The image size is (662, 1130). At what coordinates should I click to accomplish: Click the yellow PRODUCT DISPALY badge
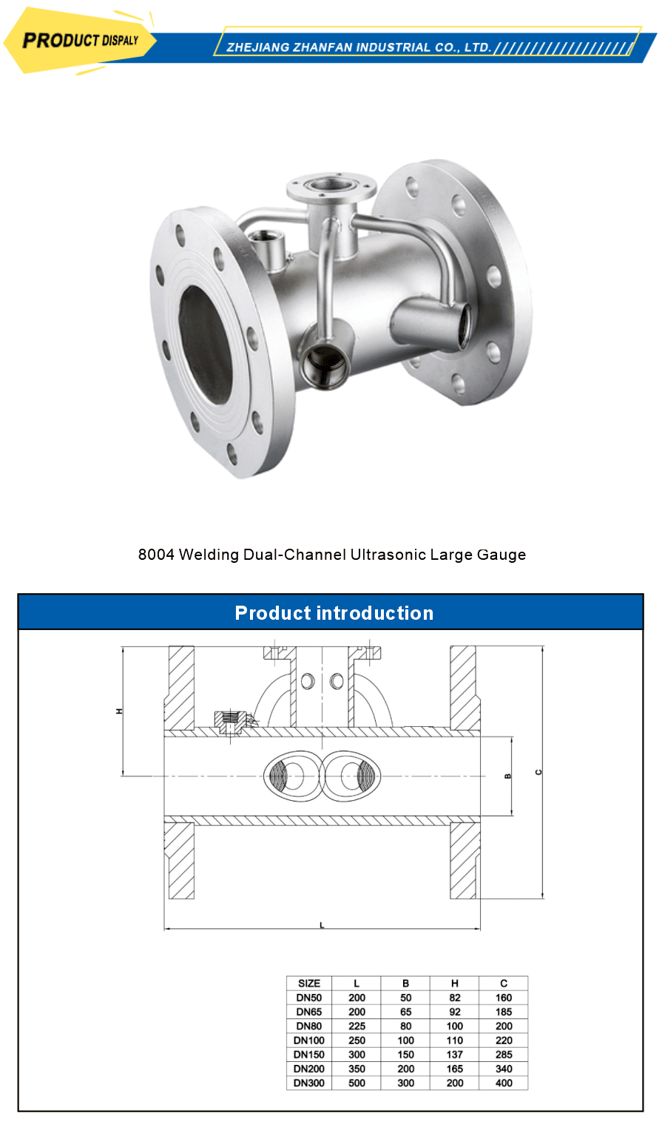click(80, 41)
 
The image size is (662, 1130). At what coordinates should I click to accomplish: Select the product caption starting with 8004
click(332, 555)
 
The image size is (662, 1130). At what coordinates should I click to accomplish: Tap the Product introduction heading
click(334, 613)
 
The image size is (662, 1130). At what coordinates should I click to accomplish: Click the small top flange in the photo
click(331, 185)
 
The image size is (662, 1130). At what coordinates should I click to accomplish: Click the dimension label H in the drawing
click(118, 711)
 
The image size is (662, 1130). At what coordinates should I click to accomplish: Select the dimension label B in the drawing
click(507, 776)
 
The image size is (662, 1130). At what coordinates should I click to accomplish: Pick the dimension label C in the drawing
click(538, 772)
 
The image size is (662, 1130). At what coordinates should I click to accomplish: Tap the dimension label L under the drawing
click(322, 925)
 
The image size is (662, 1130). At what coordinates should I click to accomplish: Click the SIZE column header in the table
click(309, 984)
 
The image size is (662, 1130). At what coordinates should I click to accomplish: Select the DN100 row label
click(309, 1041)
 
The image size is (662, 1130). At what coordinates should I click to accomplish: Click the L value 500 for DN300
click(357, 1083)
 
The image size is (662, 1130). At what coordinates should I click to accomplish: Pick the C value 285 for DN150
click(504, 1055)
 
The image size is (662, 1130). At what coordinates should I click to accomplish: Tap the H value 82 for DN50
click(455, 998)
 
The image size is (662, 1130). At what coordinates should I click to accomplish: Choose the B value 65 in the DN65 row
click(405, 1012)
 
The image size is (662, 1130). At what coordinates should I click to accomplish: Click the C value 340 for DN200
click(504, 1069)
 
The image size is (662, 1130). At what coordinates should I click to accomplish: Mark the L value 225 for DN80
click(357, 1026)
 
